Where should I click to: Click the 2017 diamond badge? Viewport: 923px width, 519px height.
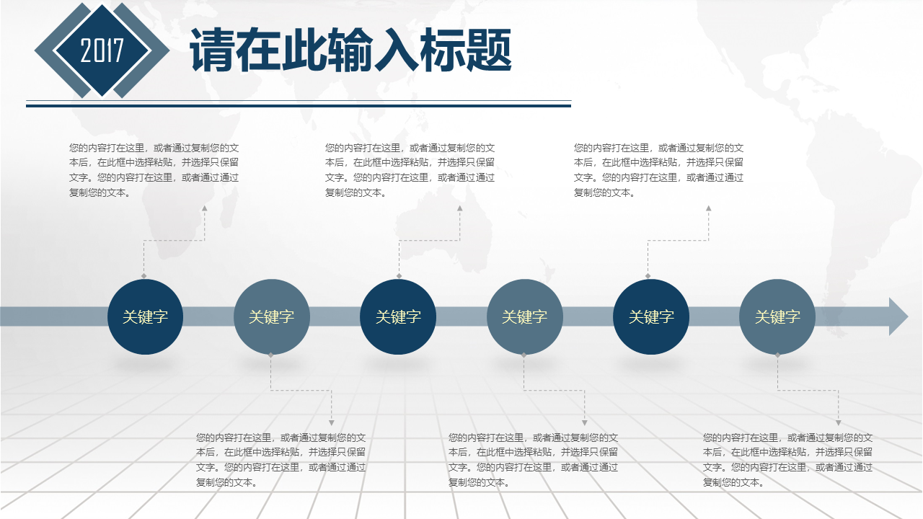click(102, 50)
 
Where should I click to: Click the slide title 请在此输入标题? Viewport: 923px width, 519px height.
click(350, 50)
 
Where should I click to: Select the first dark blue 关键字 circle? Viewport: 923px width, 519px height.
click(145, 316)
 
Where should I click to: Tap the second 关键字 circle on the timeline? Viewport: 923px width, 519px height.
click(272, 316)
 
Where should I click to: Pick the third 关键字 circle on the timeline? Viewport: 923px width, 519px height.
click(398, 316)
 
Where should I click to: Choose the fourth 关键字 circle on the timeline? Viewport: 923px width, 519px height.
click(524, 316)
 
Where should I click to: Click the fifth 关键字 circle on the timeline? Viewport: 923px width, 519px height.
click(651, 316)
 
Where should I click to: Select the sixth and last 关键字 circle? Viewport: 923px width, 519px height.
click(777, 316)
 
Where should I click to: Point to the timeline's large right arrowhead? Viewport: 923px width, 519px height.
click(898, 316)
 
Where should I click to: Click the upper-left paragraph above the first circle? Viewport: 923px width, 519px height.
click(154, 170)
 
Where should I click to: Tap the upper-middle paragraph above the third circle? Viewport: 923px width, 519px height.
click(410, 170)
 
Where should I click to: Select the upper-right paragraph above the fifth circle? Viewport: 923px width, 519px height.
click(658, 170)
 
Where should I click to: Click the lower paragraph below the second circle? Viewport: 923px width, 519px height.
click(281, 460)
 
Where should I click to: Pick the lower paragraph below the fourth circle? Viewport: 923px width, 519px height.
click(533, 460)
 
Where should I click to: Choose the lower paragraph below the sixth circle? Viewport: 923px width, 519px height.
click(787, 460)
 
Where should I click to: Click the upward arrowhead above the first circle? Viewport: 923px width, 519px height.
click(204, 208)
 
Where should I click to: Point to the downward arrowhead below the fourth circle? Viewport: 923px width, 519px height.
click(584, 423)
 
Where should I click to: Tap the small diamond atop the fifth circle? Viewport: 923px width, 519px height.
click(648, 276)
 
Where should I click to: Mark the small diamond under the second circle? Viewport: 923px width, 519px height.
click(270, 355)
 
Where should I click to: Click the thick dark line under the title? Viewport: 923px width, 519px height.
click(299, 106)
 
